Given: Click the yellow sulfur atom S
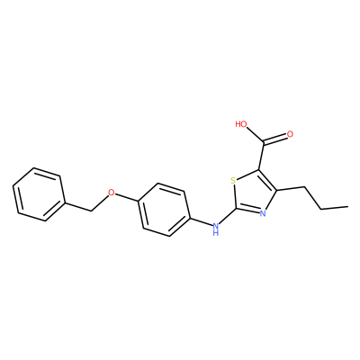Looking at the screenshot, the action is point(233,181).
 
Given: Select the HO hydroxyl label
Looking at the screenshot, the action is point(241,124).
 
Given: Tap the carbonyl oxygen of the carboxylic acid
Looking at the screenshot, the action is point(290,134).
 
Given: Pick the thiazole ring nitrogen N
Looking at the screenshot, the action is point(263,213).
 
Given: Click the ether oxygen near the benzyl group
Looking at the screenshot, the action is point(112,193).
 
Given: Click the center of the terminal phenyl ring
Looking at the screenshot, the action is point(39,194).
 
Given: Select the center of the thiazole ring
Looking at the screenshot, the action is point(253,194).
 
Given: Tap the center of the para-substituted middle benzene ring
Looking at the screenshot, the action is point(164,210).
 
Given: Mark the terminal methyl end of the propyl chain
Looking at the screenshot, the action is point(347,206).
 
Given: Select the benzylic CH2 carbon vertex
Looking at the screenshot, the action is point(91,211).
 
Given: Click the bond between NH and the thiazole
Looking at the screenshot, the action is point(228,216).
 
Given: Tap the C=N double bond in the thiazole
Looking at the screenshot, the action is point(247,211).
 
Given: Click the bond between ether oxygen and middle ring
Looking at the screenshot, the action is point(126,197).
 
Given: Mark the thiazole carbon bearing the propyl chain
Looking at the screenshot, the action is point(276,190).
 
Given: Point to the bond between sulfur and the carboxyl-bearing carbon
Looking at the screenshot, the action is point(247,175).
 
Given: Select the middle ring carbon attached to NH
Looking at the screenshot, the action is point(190,217).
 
